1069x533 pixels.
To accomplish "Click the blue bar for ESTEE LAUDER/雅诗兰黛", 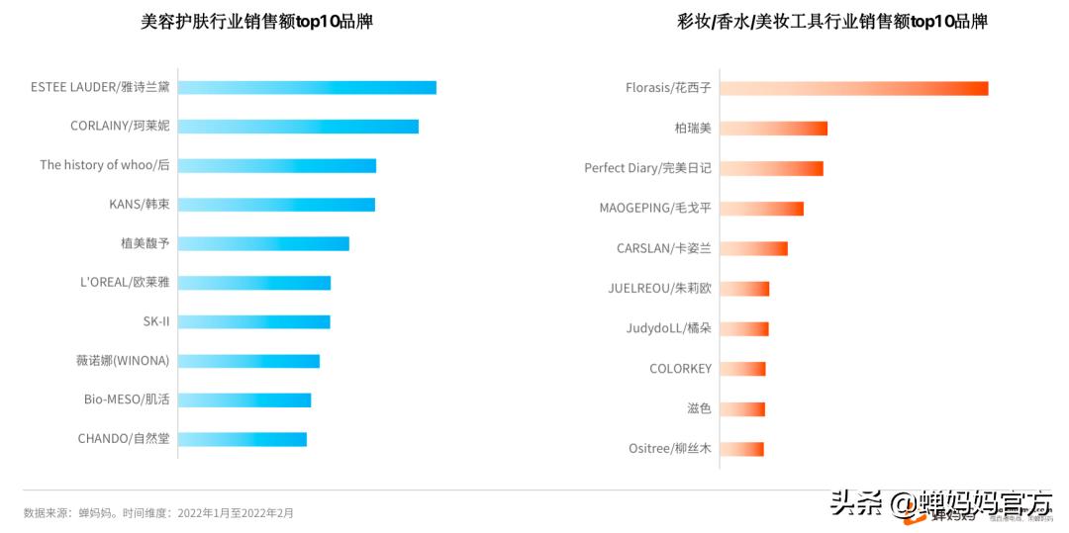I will click(307, 87).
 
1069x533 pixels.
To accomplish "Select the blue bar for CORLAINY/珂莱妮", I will click(298, 127).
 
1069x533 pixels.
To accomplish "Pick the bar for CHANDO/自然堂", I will click(243, 439).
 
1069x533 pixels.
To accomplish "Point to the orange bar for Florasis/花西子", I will click(853, 88).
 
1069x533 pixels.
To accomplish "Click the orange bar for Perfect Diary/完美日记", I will click(771, 168).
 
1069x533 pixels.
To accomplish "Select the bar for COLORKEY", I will click(742, 369).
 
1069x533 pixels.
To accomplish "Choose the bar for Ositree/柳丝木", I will click(741, 449).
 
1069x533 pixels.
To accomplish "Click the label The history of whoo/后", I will click(105, 165).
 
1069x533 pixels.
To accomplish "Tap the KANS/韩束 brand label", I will click(140, 205).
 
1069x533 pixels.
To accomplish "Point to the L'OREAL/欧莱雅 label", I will click(125, 282).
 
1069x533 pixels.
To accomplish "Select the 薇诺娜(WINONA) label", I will click(123, 360).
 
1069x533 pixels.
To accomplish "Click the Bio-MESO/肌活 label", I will click(127, 400).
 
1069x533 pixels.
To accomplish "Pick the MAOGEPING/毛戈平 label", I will click(655, 208).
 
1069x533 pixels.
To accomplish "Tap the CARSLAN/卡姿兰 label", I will click(664, 248).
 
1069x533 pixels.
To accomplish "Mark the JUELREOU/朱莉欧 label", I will click(659, 289).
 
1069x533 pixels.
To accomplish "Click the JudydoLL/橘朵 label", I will click(668, 328).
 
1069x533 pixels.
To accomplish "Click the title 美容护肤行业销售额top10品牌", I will click(257, 22).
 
